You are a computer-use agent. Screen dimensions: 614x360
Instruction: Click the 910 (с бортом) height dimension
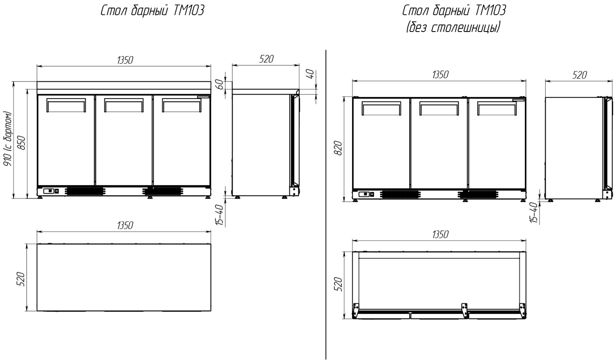pyautogui.click(x=7, y=139)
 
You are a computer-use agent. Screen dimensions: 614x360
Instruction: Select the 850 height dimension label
pyautogui.click(x=21, y=143)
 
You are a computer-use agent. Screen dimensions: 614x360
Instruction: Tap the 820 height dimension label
pyautogui.click(x=339, y=148)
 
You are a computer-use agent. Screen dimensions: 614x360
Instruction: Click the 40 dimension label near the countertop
pyautogui.click(x=311, y=74)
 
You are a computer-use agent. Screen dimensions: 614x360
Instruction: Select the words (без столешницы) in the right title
pyautogui.click(x=453, y=27)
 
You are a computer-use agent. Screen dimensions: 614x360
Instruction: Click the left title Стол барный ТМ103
pyautogui.click(x=153, y=11)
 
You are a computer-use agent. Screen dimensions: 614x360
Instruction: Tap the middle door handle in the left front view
pyautogui.click(x=124, y=105)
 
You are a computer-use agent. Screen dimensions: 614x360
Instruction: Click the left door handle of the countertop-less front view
pyautogui.click(x=381, y=108)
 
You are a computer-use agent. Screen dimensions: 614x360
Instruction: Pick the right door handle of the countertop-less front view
pyautogui.click(x=496, y=108)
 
